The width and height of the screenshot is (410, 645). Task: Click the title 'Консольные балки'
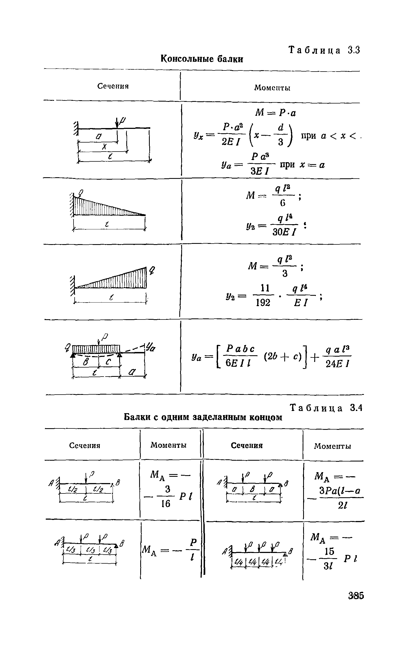201,59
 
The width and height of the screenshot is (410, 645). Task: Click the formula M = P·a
276,113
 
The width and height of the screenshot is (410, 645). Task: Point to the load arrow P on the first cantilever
117,123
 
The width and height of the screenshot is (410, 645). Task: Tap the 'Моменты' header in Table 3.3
272,88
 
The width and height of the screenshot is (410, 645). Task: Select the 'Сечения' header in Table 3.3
113,86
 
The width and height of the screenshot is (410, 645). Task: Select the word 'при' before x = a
287,165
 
